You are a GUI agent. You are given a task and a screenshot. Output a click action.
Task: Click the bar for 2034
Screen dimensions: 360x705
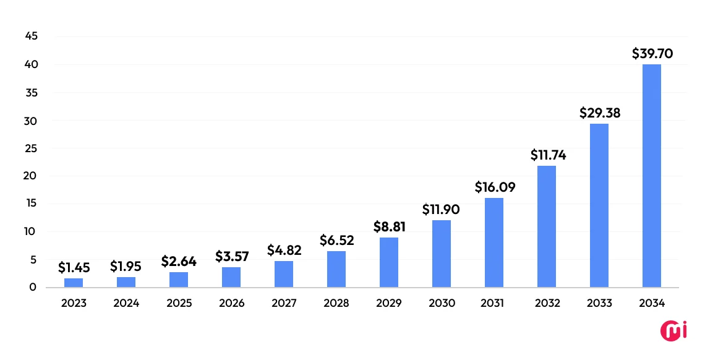click(x=652, y=176)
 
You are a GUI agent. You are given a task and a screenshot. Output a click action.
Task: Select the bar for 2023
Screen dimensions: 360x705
click(x=74, y=283)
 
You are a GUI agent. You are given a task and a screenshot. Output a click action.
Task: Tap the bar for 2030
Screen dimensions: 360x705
click(x=442, y=254)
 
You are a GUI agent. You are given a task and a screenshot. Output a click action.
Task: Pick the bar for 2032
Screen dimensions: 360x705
click(x=547, y=226)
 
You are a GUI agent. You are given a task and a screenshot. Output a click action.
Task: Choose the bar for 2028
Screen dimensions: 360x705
click(x=336, y=269)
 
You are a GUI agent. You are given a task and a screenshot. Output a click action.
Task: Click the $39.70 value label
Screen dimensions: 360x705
click(x=652, y=54)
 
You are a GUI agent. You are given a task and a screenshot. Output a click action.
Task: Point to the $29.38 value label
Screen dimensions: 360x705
click(x=599, y=113)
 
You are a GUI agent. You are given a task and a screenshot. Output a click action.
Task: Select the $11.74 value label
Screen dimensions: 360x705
click(x=548, y=155)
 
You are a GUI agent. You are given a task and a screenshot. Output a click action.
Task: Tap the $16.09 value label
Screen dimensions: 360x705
click(x=495, y=187)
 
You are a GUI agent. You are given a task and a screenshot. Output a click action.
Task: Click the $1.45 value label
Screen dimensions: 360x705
click(x=74, y=267)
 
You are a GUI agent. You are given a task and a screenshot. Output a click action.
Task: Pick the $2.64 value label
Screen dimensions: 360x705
click(x=179, y=262)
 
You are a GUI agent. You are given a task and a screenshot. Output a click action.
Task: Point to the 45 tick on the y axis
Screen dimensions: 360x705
click(x=32, y=36)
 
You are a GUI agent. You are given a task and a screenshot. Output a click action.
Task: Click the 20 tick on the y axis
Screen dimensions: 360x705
click(x=32, y=176)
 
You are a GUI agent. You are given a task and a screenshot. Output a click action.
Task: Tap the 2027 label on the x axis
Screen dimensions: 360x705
click(x=284, y=303)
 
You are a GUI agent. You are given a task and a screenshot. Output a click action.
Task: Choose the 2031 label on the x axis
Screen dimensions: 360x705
click(x=494, y=303)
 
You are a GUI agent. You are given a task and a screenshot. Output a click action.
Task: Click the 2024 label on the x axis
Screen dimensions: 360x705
click(x=126, y=303)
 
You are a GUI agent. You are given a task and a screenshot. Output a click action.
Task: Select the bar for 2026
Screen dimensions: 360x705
click(x=231, y=277)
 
